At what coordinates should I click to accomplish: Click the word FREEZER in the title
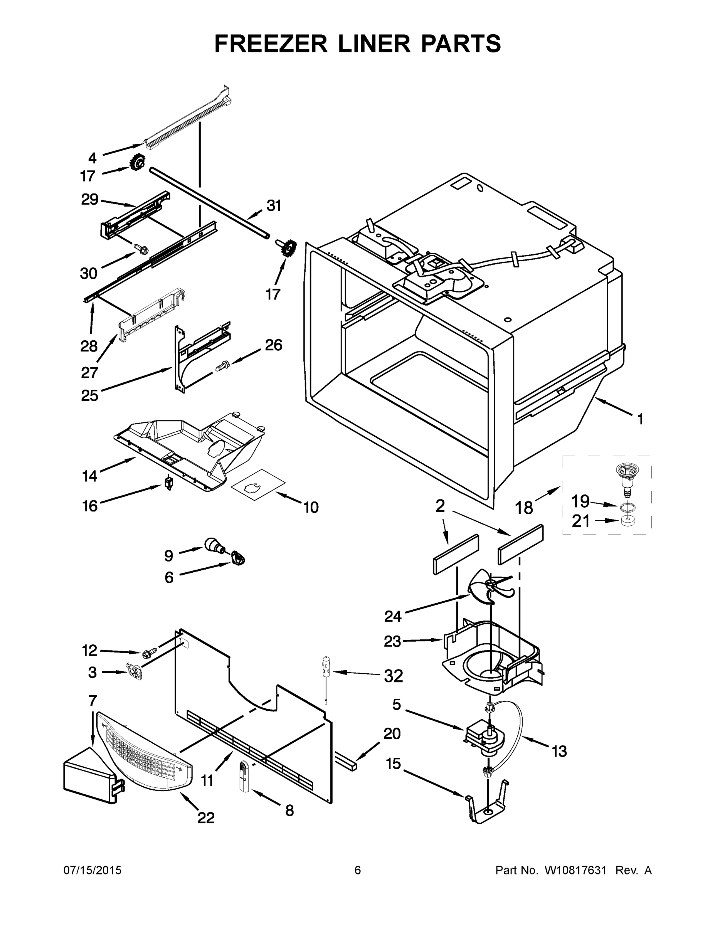271,44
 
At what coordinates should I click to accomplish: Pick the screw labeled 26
222,365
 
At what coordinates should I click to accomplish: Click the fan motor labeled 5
485,739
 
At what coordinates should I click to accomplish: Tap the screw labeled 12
150,654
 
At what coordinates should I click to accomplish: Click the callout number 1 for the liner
640,419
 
